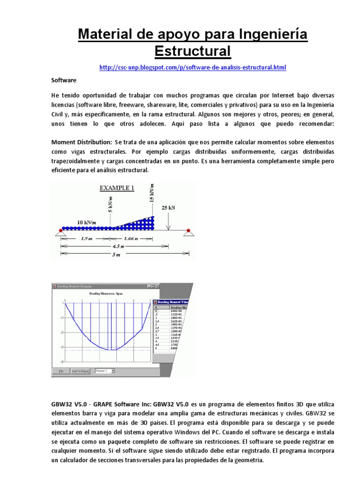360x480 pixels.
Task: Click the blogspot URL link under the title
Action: (x=193, y=67)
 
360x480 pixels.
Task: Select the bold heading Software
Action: (x=63, y=81)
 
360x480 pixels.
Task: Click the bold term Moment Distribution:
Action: (x=82, y=142)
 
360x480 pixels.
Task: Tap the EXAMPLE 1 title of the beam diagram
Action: (x=116, y=188)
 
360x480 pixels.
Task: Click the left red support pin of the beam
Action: (x=60, y=230)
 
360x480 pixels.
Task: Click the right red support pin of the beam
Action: (x=188, y=230)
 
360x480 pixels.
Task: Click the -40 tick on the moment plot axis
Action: (x=61, y=362)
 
